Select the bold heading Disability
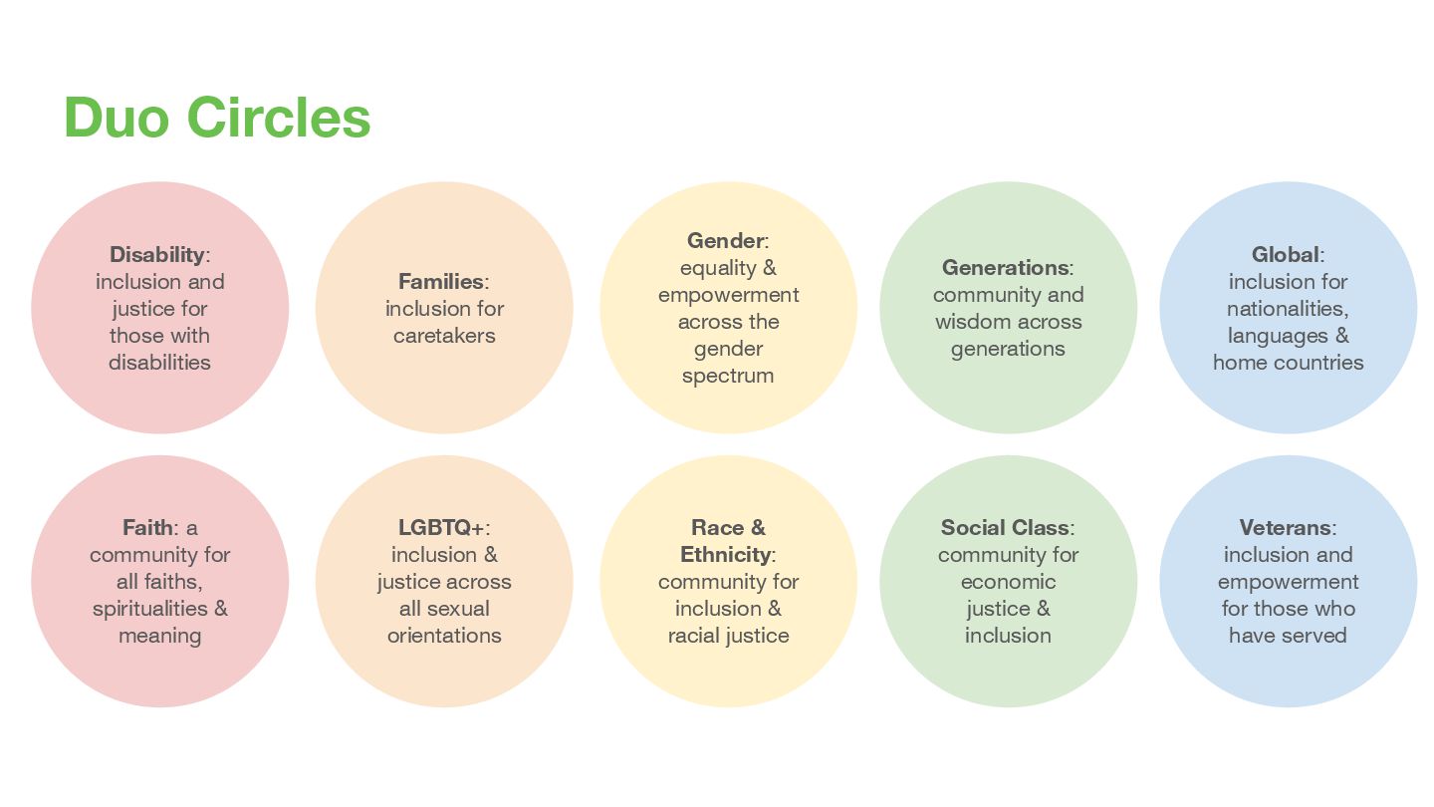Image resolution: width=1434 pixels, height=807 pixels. coord(156,255)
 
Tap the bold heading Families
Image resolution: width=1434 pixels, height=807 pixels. coord(440,282)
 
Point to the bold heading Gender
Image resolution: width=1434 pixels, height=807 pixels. coord(725,241)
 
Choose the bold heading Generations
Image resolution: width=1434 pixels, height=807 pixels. coord(1005,268)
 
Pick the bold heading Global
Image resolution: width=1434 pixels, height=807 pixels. coord(1285,255)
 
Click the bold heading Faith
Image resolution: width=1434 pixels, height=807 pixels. coord(147,528)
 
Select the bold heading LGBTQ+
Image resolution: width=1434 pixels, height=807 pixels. coord(440,528)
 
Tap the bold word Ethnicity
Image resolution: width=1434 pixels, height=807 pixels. coord(725,555)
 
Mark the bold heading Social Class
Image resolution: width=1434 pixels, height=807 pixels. coord(1005,528)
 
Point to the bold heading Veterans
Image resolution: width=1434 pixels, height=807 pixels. coord(1286,528)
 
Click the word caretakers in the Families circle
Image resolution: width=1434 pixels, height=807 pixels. coord(444,336)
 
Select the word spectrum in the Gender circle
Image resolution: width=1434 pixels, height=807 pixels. coord(728,377)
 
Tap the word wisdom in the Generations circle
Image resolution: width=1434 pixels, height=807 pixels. coord(973,322)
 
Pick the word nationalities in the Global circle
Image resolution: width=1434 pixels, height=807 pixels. coord(1288,309)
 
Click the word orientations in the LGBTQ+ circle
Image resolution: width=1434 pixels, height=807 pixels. coord(444,636)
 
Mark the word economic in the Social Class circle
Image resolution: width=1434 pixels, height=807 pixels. coord(1008,582)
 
